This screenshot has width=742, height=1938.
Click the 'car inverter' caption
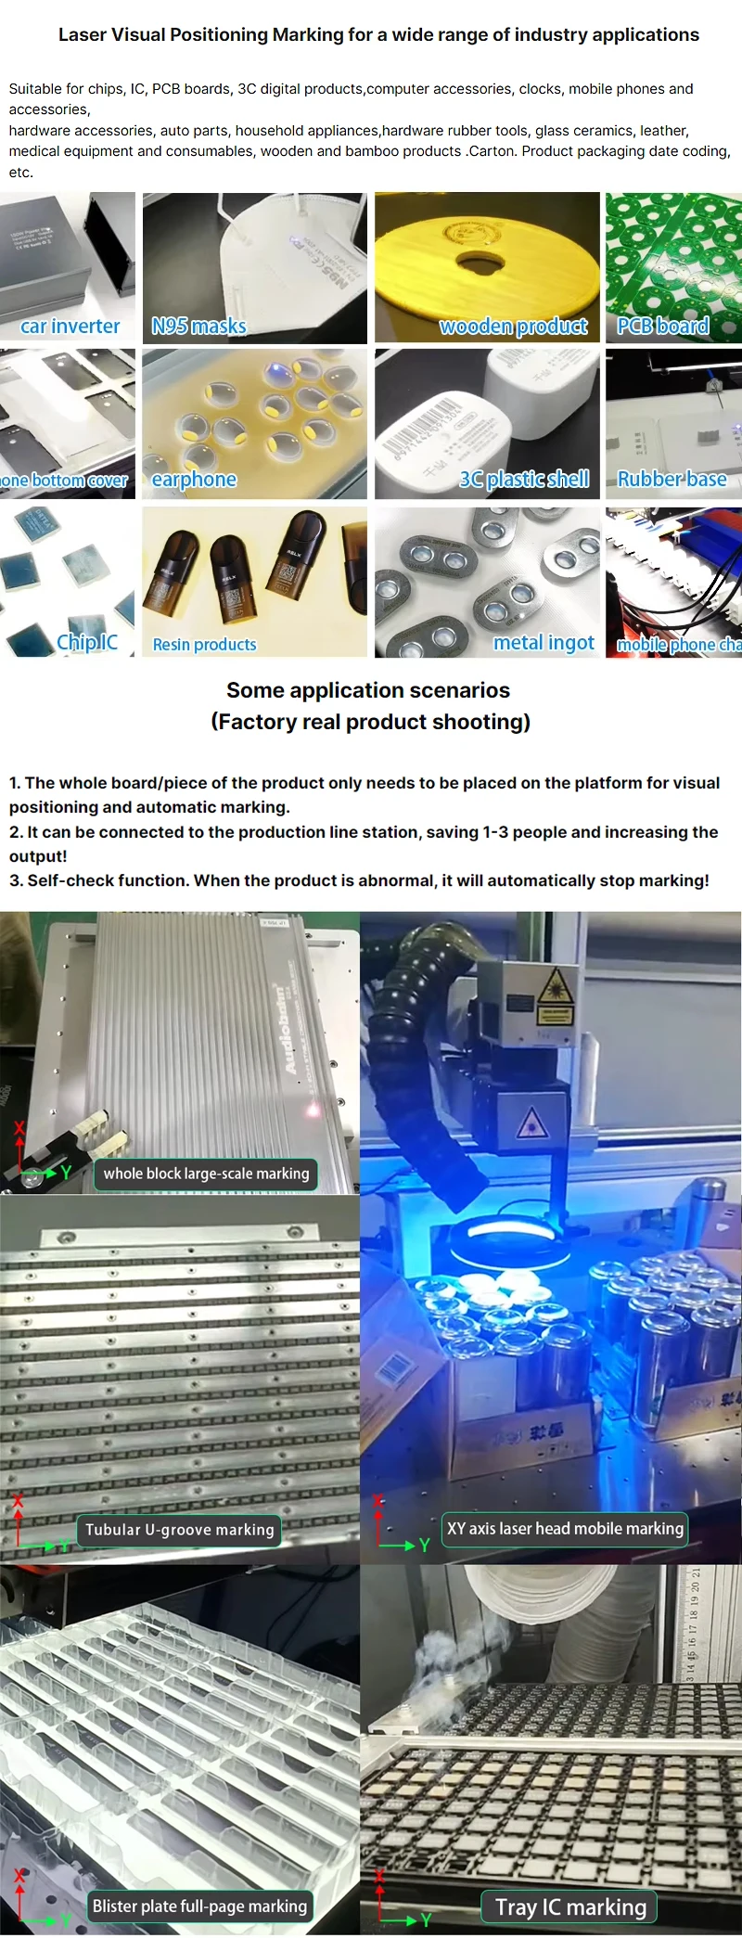70,326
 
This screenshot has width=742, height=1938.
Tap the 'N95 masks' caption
198,326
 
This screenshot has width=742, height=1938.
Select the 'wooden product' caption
513,326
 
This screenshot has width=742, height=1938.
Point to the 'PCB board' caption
663,326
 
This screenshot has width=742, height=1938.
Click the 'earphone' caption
194,479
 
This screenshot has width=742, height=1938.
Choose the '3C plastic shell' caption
524,479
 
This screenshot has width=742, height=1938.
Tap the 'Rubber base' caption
672,479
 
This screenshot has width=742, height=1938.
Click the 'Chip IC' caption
87,642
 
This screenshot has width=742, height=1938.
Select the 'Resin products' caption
204,644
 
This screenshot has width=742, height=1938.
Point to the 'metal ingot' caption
544,642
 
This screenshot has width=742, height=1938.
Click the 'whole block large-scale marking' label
206,1174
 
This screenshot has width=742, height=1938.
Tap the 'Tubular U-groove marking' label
180,1530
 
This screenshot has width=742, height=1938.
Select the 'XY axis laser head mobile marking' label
565,1528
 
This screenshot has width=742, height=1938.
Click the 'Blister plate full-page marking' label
199,1906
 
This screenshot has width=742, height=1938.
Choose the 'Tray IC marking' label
570,1906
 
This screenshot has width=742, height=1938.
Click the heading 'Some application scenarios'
368,690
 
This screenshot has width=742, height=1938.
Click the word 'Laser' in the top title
83,35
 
